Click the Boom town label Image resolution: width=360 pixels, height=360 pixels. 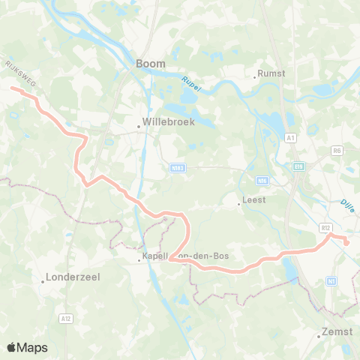[x=151, y=64]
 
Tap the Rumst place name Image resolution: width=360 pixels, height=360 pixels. [x=270, y=73]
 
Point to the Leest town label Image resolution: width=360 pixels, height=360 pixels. [x=252, y=201]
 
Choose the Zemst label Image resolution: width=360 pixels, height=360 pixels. [x=335, y=331]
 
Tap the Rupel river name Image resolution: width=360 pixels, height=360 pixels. [x=193, y=80]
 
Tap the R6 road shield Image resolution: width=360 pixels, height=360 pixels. [x=337, y=151]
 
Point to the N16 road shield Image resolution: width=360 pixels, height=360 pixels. [x=262, y=180]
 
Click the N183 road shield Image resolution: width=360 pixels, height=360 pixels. [x=178, y=168]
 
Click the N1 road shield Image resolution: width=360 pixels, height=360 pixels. [x=331, y=280]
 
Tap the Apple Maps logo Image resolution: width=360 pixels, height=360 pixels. [x=27, y=347]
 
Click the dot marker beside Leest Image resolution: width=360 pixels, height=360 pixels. [x=238, y=202]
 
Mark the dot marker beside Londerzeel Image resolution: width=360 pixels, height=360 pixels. [x=43, y=282]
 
